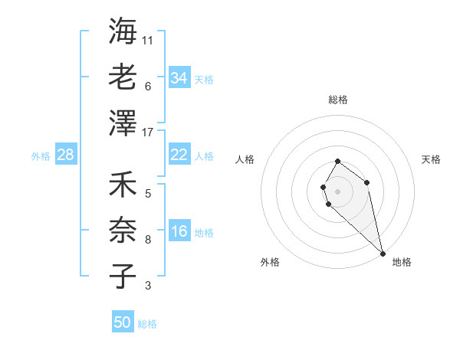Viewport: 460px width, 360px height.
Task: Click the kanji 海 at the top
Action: (123, 32)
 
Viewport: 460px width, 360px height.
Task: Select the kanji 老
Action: (123, 77)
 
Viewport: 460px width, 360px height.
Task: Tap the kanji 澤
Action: (123, 123)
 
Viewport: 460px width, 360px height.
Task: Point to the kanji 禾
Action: (123, 186)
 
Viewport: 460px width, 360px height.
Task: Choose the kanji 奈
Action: (123, 231)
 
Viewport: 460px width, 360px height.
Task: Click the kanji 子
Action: (123, 277)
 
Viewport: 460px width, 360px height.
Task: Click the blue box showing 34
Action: (179, 78)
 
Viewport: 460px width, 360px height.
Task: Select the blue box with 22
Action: (179, 155)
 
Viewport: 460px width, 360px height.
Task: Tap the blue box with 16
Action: (179, 232)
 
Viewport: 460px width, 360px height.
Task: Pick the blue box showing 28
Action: (66, 155)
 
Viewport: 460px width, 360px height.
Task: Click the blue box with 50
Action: (123, 322)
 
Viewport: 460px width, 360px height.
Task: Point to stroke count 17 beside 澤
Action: (149, 133)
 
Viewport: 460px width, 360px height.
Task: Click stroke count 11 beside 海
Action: (148, 41)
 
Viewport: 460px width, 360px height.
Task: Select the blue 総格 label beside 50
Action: (147, 324)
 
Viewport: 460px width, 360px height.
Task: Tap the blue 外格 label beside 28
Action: (41, 156)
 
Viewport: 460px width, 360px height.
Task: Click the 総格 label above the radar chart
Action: (338, 100)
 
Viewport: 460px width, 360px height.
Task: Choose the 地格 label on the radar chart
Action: (402, 262)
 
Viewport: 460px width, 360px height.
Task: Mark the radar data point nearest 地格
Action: (382, 253)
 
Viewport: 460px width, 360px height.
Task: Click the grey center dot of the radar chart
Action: (338, 190)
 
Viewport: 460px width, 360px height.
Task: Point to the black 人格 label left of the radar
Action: (245, 160)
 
